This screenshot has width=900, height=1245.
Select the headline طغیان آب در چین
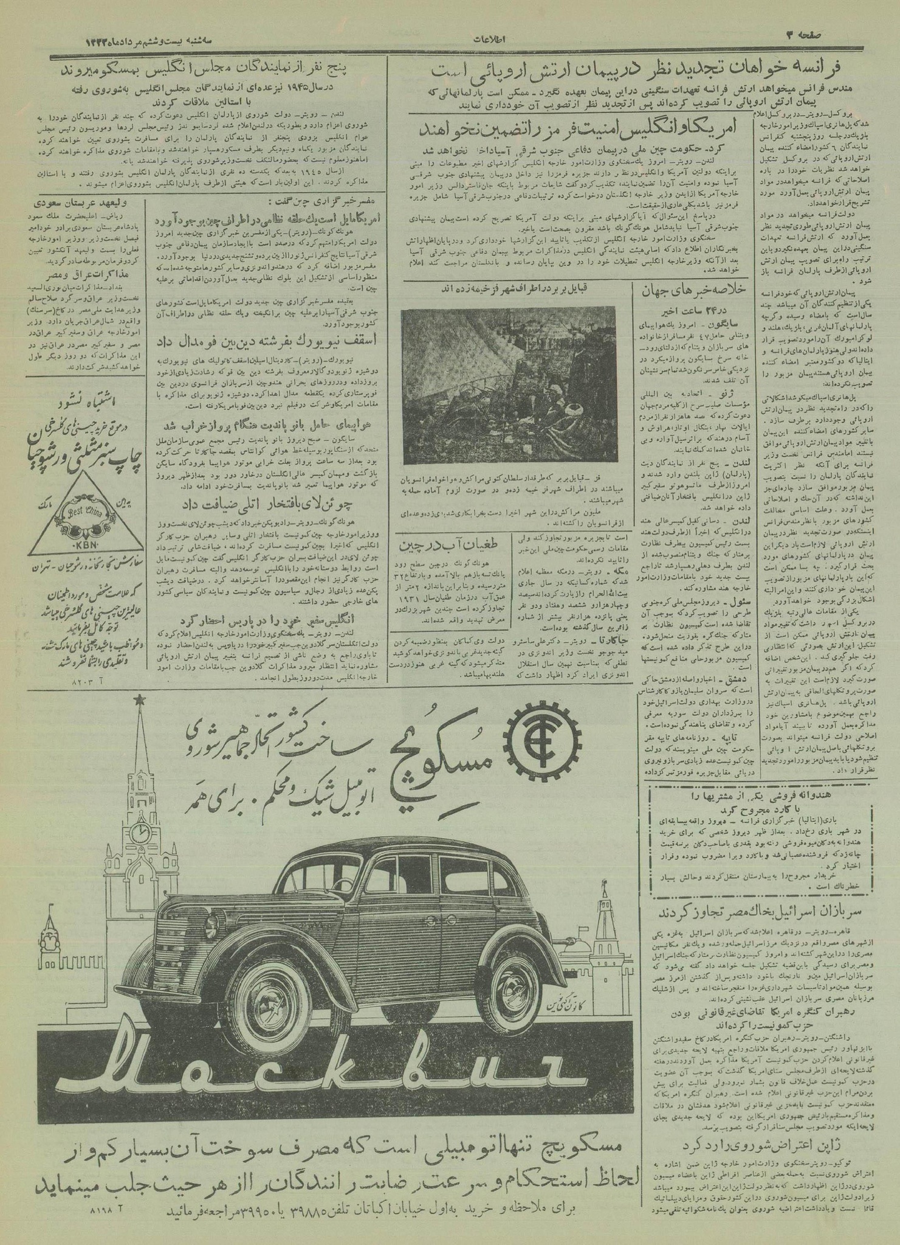tap(453, 544)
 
